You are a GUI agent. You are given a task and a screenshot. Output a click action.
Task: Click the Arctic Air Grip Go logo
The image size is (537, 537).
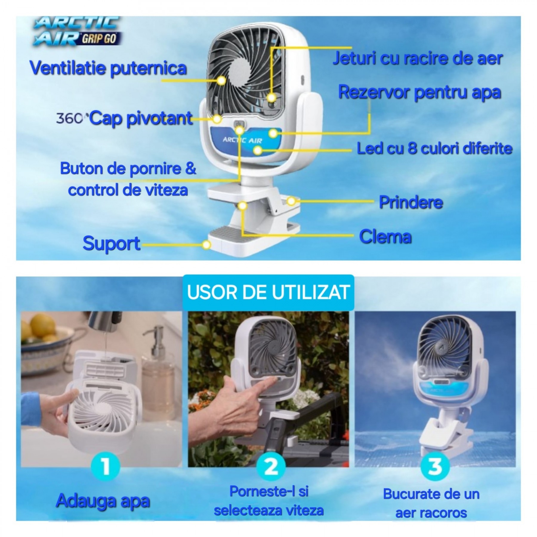[77, 31]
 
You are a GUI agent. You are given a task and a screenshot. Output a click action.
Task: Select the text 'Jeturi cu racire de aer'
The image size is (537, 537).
[418, 58]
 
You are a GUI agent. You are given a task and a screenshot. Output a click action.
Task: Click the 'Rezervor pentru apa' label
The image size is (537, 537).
[419, 93]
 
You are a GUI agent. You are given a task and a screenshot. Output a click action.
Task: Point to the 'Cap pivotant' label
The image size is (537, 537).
[141, 118]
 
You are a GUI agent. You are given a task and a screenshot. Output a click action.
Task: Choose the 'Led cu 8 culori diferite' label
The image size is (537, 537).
[435, 149]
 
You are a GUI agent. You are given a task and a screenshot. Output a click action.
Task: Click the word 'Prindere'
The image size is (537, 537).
[411, 203]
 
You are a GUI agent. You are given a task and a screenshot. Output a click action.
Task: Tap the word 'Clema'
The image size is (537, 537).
[385, 237]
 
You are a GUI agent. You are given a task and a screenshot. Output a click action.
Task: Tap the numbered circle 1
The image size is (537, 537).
[105, 466]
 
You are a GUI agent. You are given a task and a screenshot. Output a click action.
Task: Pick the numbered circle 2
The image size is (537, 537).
[271, 466]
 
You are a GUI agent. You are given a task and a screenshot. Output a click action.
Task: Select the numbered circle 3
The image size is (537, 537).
[435, 466]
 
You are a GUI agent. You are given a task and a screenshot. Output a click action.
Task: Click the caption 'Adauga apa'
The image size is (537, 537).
[103, 501]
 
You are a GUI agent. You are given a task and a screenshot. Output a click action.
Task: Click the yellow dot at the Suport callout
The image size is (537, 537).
[206, 245]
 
